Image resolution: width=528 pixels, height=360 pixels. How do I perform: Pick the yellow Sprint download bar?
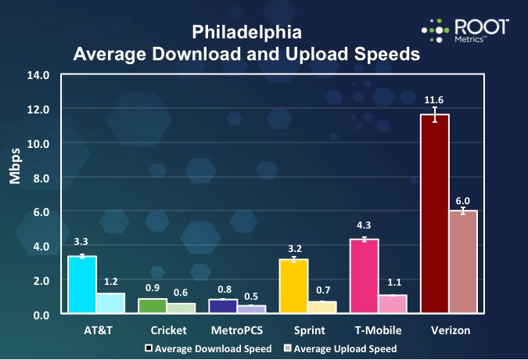pyautogui.click(x=293, y=286)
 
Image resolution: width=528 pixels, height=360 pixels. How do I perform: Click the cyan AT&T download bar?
pyautogui.click(x=82, y=285)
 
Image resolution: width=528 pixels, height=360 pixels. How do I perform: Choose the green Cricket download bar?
pyautogui.click(x=153, y=306)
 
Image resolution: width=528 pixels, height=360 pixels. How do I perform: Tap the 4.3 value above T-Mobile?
pyautogui.click(x=364, y=228)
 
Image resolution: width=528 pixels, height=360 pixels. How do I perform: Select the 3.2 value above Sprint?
pyautogui.click(x=293, y=247)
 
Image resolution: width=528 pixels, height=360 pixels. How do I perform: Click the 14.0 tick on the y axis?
pyautogui.click(x=38, y=76)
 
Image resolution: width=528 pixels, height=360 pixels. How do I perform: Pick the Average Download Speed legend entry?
pyautogui.click(x=210, y=348)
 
